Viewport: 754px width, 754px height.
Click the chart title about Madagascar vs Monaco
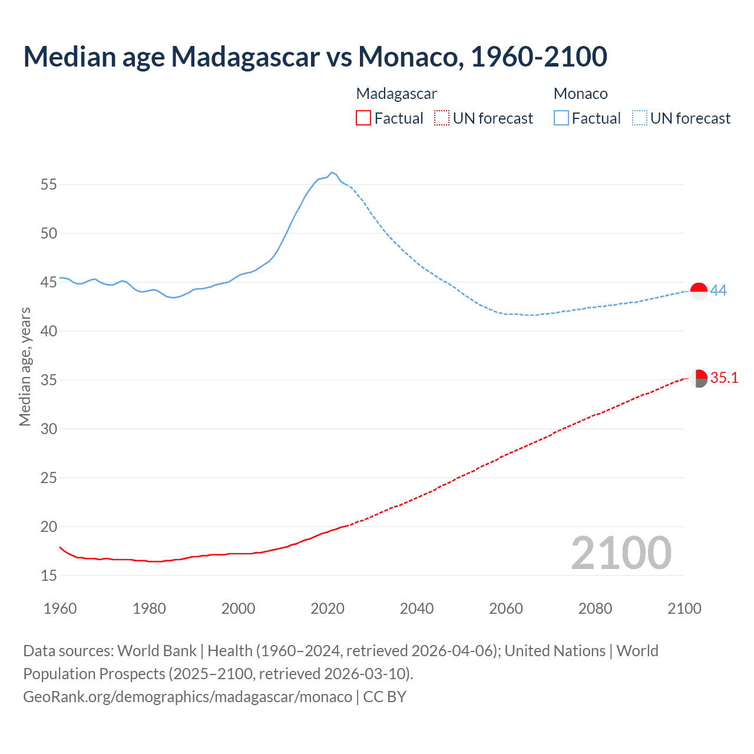[315, 57]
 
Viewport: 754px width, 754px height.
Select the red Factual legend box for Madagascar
[363, 118]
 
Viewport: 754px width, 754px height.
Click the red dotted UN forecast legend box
[442, 118]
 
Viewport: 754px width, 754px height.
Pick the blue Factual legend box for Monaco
[561, 118]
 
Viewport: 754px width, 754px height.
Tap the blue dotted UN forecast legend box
[640, 118]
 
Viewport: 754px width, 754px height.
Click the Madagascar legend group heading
[396, 94]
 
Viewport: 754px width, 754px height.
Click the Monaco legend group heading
[580, 94]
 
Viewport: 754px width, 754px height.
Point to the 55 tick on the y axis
[49, 184]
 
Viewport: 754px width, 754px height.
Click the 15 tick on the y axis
[49, 576]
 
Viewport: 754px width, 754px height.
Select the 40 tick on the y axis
[49, 331]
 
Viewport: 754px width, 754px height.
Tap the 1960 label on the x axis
[60, 609]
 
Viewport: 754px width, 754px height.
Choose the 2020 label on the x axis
[328, 609]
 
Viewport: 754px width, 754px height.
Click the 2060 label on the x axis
[506, 609]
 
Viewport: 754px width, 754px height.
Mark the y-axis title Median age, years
[25, 366]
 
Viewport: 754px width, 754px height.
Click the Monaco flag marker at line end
[699, 291]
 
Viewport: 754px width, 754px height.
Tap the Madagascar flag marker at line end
[699, 379]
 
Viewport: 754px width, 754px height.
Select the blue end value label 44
[718, 290]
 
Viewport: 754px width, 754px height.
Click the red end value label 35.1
[724, 378]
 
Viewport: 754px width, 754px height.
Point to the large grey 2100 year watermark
[621, 553]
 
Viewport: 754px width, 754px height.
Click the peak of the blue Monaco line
[332, 173]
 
